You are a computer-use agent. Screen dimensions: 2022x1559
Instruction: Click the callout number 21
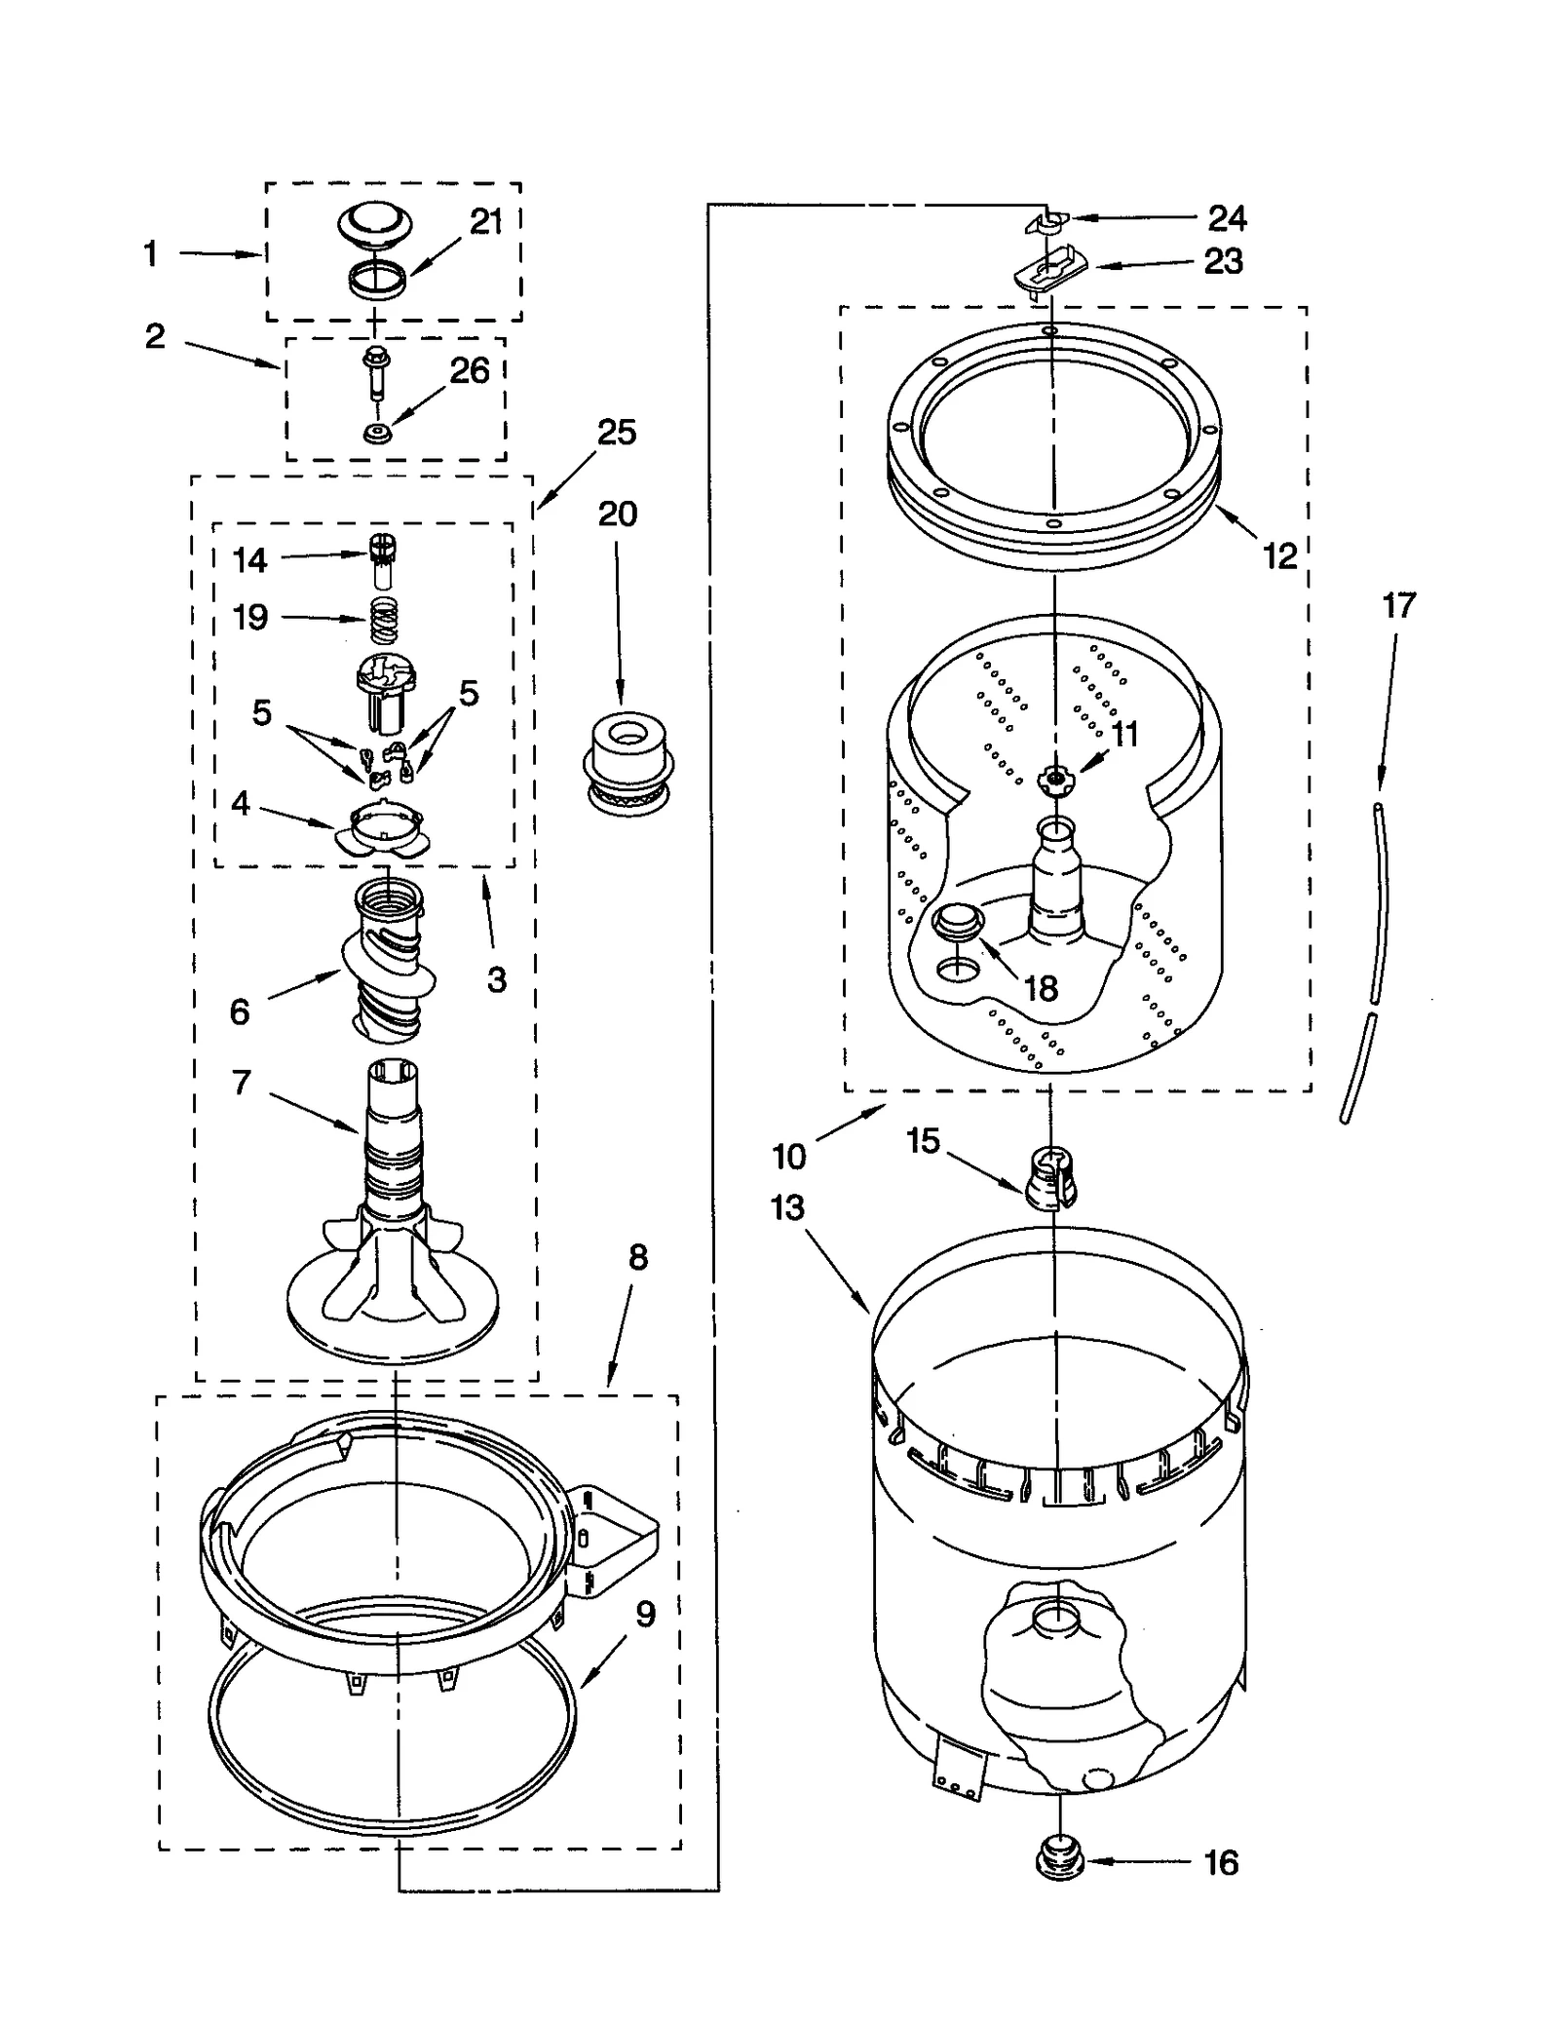pos(485,222)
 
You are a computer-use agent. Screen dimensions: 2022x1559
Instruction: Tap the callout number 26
pos(469,370)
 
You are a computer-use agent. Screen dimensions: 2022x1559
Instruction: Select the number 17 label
pos(1398,605)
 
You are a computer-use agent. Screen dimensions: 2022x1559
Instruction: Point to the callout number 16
pos(1221,1862)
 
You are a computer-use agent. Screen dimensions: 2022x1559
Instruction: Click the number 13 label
pos(787,1207)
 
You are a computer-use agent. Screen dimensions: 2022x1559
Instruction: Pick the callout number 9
pos(645,1615)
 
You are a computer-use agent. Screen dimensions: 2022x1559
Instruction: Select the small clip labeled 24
pos(1046,222)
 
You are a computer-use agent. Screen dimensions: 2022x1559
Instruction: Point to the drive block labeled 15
pos(1048,1175)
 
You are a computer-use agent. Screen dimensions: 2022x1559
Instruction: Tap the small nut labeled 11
pos(1051,778)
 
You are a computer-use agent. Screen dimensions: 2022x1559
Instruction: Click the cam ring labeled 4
pos(382,830)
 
